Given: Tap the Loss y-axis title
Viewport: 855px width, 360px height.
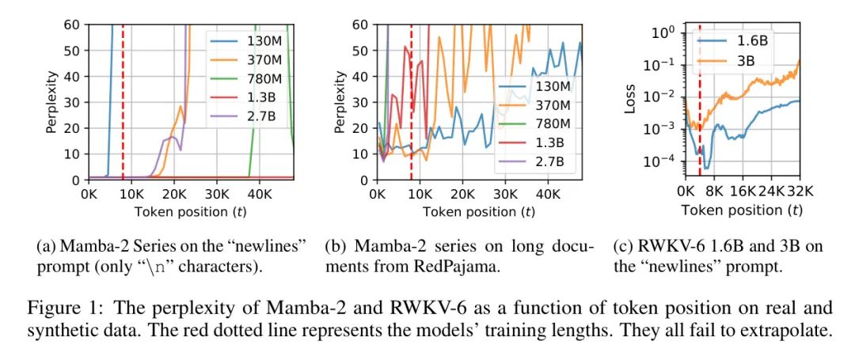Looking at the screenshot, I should point(630,100).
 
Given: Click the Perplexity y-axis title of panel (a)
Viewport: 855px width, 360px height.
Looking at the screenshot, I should point(52,101).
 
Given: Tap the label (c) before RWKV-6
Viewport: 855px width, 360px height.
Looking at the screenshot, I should point(622,246).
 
